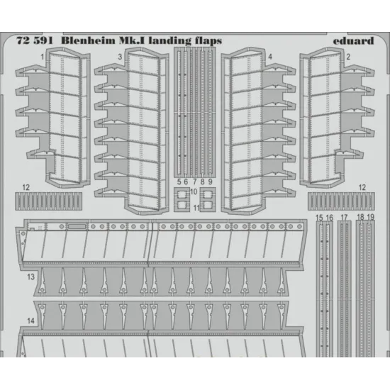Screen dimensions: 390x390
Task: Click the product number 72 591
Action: point(35,41)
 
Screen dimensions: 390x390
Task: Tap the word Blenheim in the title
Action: point(89,40)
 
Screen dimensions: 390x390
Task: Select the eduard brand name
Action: point(353,41)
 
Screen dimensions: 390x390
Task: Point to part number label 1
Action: point(43,57)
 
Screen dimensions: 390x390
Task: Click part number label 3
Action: point(120,57)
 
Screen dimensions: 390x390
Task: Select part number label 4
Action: point(270,57)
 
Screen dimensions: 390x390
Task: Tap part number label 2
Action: point(348,57)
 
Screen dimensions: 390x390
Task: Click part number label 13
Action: point(30,277)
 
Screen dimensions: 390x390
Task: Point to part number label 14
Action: point(30,321)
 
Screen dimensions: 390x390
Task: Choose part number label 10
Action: point(194,191)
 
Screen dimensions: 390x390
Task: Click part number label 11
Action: point(196,208)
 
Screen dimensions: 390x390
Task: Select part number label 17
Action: point(344,218)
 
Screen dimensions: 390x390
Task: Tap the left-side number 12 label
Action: point(26,187)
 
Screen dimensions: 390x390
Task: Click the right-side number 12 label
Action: point(362,187)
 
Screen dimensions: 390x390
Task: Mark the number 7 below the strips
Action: point(195,182)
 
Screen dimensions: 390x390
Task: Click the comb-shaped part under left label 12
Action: point(48,201)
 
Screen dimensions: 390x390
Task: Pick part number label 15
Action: point(319,218)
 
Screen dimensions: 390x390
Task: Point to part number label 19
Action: point(371,217)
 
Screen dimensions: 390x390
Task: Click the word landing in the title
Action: point(167,41)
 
